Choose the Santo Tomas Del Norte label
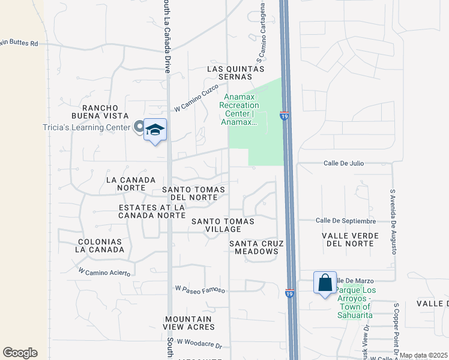pos(194,193)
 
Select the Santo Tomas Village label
pos(223,226)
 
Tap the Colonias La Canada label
pos(100,246)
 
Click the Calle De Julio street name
pos(344,163)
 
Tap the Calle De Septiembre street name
pos(346,221)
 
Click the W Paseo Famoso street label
pos(200,289)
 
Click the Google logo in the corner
pos(20,353)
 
